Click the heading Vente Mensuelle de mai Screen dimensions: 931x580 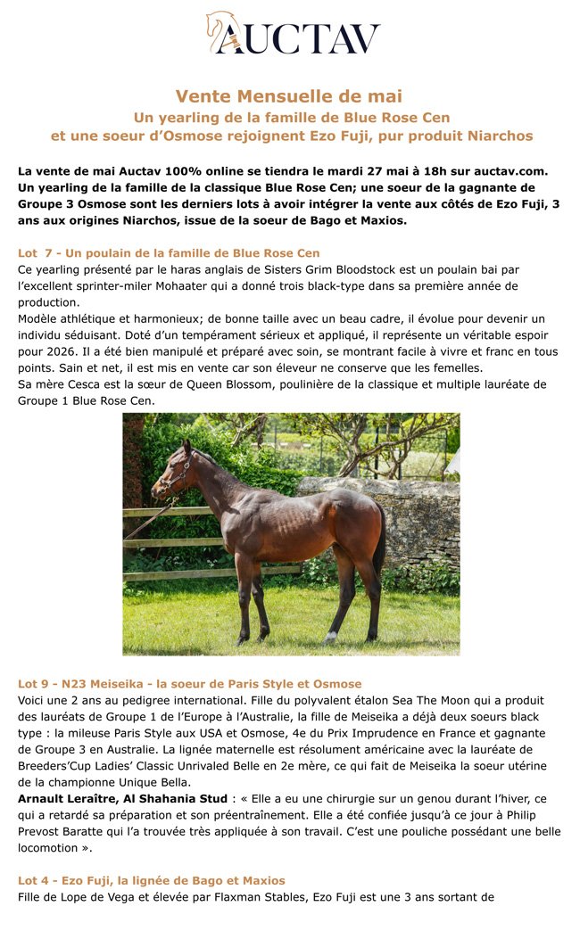[x=288, y=96]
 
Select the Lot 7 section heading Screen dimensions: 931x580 [x=169, y=253]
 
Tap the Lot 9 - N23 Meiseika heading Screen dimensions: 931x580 [x=189, y=684]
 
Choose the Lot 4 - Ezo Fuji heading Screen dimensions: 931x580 [x=151, y=880]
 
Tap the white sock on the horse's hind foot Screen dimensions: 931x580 [x=331, y=637]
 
